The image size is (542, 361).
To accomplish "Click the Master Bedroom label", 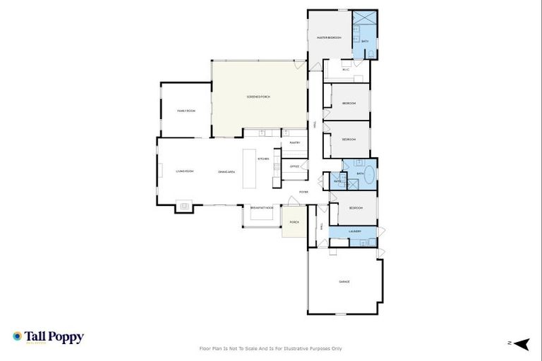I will (x=329, y=37).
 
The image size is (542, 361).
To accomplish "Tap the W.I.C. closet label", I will (x=346, y=69).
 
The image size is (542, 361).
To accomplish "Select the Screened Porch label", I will (x=258, y=97).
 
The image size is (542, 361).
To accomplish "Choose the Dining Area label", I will (x=226, y=171).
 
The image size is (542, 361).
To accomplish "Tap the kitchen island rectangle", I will (x=248, y=169).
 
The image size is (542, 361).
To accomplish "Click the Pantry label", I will (x=295, y=142).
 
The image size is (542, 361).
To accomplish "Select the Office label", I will (x=294, y=166).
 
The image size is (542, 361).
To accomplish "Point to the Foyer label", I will (x=303, y=192).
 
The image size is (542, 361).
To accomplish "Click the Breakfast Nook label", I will (x=262, y=207).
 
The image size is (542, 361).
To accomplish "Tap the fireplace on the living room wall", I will (x=185, y=206).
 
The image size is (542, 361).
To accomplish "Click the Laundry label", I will (x=354, y=231).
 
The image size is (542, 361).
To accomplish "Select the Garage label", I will (x=344, y=281).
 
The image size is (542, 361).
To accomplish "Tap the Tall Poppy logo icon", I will (x=18, y=337).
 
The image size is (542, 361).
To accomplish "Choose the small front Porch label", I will (x=294, y=222).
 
